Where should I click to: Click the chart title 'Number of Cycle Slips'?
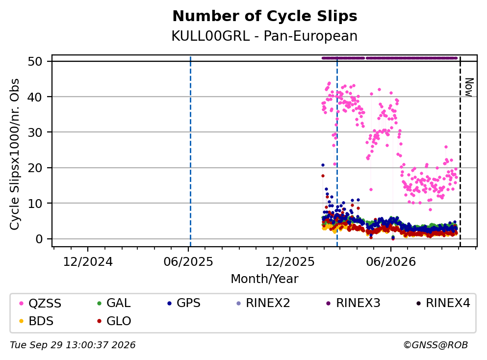[265, 16]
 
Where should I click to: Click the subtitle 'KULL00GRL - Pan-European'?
[264, 36]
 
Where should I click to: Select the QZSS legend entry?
[40, 303]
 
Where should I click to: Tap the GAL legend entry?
[114, 303]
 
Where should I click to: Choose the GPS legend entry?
[184, 303]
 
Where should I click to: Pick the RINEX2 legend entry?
[263, 303]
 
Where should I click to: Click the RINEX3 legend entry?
[354, 303]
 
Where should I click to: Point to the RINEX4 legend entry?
[443, 303]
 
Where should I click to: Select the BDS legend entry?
[36, 321]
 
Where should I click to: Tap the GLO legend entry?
[114, 321]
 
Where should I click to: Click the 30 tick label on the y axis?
[35, 132]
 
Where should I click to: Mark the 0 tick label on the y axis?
[39, 239]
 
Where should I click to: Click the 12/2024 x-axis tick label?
[88, 262]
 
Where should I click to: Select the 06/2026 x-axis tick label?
[391, 262]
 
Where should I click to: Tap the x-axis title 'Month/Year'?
[264, 279]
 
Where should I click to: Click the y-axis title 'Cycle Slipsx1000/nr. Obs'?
[15, 154]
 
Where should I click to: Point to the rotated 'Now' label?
[469, 87]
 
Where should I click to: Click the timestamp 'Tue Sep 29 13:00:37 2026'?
[73, 345]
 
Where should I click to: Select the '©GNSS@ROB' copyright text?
[436, 345]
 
